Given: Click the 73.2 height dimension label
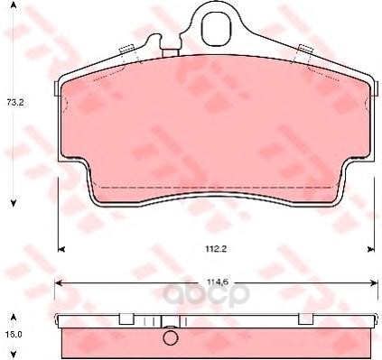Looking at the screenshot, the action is (x=15, y=102).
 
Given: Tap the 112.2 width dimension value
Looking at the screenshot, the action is (x=216, y=248).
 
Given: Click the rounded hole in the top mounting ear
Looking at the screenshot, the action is (x=216, y=30).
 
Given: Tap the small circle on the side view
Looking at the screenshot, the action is (x=171, y=337).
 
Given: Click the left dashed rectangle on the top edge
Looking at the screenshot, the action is (x=126, y=49).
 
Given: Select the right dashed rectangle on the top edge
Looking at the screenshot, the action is (x=305, y=48).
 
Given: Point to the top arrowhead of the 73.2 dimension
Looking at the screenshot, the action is (x=14, y=5).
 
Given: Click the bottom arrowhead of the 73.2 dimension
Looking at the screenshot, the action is (x=14, y=203).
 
